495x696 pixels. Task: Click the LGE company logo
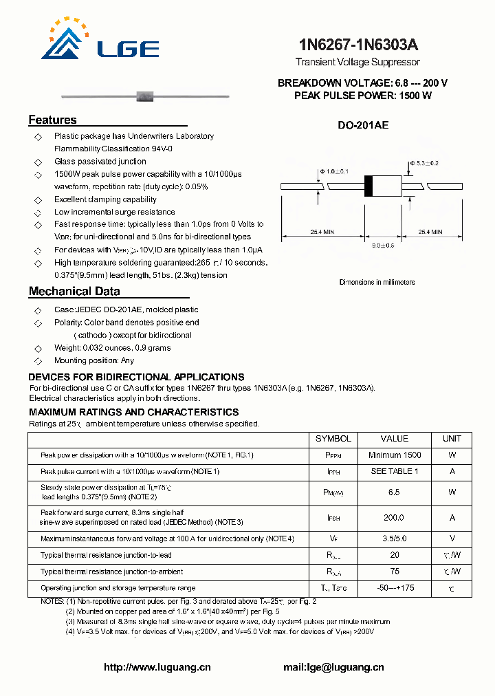100,41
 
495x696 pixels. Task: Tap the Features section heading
52,120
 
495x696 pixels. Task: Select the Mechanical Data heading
74,292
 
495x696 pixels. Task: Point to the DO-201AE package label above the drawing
363,125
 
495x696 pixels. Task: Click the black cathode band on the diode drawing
368,186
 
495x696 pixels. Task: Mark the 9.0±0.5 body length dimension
382,245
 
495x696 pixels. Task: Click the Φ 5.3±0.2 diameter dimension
424,163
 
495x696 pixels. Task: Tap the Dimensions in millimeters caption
377,282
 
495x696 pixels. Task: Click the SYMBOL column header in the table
333,439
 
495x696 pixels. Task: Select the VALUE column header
394,439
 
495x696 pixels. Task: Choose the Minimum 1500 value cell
394,455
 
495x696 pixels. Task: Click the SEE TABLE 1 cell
394,472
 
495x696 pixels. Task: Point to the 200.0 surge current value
394,518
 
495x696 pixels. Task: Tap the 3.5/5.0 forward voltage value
394,539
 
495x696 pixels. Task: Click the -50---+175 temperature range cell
394,588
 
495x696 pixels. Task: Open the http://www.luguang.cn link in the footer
157,667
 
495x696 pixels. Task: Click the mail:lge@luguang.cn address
333,667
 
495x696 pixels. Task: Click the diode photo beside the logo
144,94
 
